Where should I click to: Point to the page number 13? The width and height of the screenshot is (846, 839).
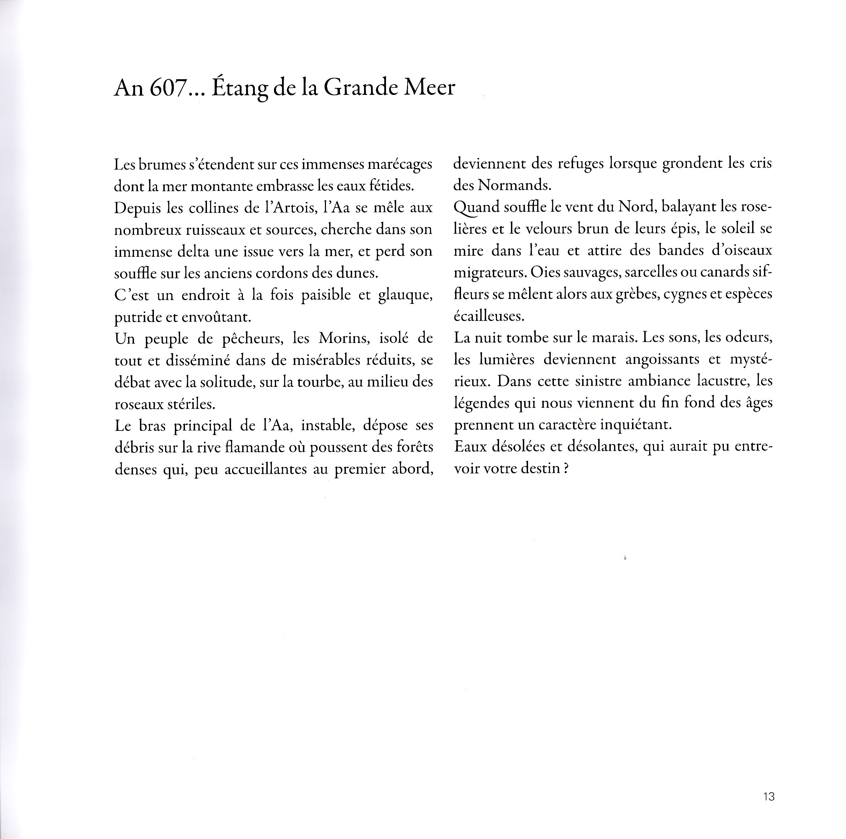[769, 796]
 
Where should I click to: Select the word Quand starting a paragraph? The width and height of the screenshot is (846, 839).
[476, 208]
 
